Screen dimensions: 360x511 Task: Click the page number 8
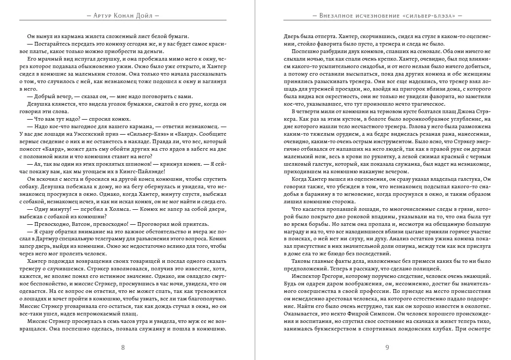point(123,348)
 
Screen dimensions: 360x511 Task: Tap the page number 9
point(387,348)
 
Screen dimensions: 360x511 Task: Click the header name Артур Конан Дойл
point(124,15)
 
